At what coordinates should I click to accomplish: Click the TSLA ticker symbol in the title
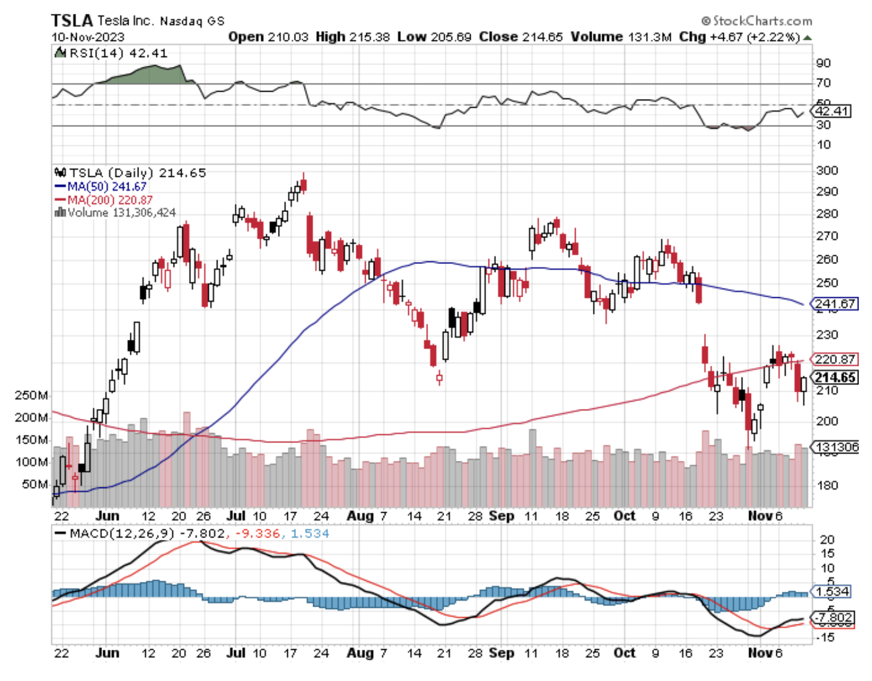[x=72, y=21]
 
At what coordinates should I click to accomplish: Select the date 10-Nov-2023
[x=88, y=37]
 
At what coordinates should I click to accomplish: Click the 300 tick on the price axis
[x=826, y=171]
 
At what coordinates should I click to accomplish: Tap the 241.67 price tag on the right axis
[x=835, y=304]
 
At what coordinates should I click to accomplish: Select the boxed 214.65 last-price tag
[x=835, y=377]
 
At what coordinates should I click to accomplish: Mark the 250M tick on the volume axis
[x=31, y=395]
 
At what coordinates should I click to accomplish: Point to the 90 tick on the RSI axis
[x=824, y=63]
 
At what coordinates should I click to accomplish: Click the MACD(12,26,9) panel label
[x=121, y=534]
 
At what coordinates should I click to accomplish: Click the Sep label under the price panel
[x=501, y=516]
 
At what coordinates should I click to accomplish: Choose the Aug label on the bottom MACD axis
[x=360, y=653]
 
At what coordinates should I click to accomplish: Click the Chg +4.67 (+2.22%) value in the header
[x=739, y=37]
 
